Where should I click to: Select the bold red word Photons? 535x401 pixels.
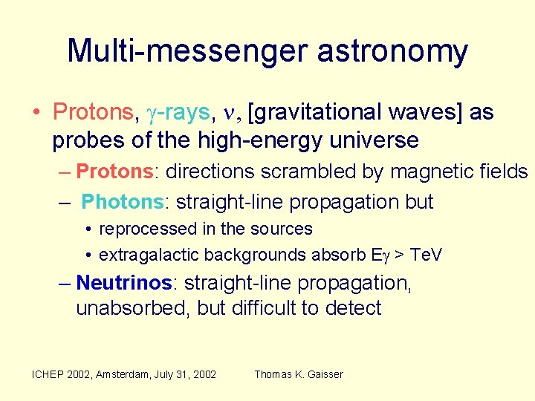pos(121,202)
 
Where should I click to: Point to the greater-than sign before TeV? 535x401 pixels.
pos(398,255)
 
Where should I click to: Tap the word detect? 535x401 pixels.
pos(356,309)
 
